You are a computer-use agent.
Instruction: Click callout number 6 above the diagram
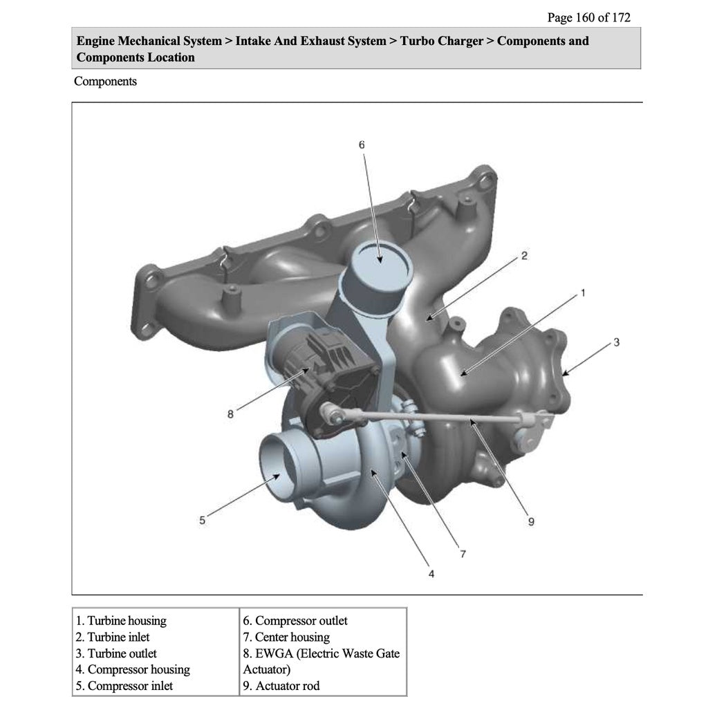[x=361, y=145]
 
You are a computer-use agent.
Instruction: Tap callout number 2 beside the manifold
[x=524, y=256]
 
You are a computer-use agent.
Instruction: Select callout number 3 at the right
[x=616, y=342]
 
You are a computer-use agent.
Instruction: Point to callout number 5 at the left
[x=202, y=520]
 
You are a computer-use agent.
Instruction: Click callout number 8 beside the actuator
[x=230, y=414]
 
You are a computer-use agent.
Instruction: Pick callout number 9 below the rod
[x=531, y=521]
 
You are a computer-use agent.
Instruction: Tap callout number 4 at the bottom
[x=431, y=574]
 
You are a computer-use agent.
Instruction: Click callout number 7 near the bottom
[x=463, y=553]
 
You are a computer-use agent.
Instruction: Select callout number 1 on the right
[x=583, y=292]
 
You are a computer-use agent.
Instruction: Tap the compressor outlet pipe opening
[x=379, y=260]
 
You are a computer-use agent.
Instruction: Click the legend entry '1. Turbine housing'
[x=122, y=621]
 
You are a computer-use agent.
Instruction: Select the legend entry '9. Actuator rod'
[x=281, y=686]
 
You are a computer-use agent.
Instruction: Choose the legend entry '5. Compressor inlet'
[x=124, y=686]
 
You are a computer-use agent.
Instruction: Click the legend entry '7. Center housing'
[x=286, y=637]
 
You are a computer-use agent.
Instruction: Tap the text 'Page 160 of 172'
[x=588, y=17]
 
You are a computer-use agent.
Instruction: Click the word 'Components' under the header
[x=105, y=82]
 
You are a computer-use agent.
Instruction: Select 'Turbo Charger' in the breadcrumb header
[x=441, y=41]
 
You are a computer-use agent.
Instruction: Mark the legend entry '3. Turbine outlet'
[x=117, y=653]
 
